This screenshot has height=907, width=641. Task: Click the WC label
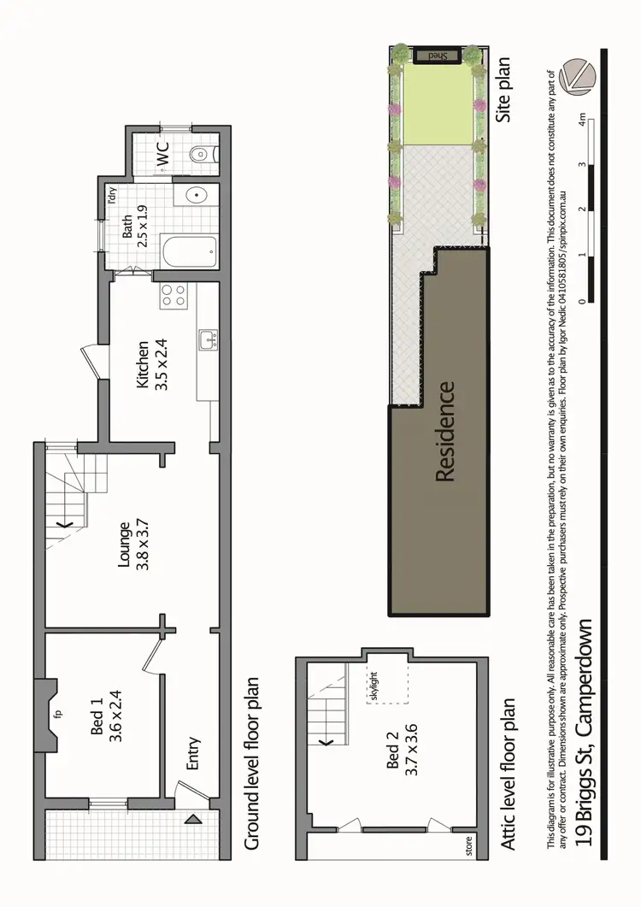(x=163, y=153)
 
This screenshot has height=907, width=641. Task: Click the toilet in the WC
(x=202, y=154)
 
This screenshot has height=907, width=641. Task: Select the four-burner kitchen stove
(x=174, y=297)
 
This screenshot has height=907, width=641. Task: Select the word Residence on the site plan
(x=444, y=431)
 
